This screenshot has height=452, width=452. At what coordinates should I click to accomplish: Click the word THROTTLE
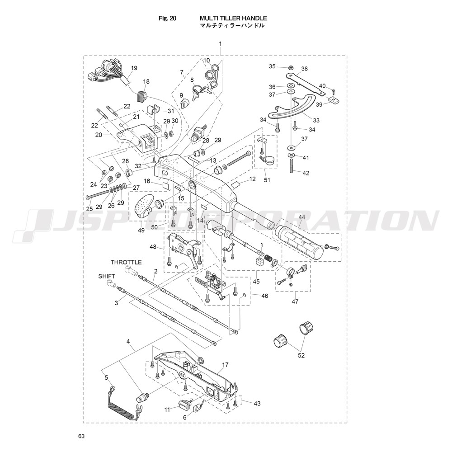(126, 262)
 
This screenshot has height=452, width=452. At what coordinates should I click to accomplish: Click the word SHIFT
(107, 276)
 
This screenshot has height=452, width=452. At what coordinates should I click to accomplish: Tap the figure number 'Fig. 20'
(167, 18)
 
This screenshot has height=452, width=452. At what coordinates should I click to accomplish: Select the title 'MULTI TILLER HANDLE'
(233, 18)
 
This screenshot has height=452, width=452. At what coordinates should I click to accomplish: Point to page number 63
(81, 436)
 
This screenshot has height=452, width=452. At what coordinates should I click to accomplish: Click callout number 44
(301, 217)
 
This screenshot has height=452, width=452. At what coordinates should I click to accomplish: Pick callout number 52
(301, 355)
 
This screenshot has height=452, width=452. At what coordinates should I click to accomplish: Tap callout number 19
(134, 68)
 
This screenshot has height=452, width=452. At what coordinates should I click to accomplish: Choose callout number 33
(316, 120)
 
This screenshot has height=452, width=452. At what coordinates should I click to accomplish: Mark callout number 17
(225, 365)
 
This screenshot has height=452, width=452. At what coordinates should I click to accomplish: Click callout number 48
(153, 247)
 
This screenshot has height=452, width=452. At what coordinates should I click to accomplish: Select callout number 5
(106, 377)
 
